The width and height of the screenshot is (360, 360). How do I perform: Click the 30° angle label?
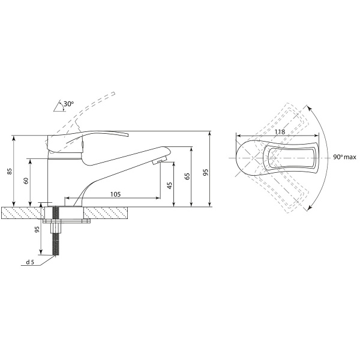(x=68, y=104)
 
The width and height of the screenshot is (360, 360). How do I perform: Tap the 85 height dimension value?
(x=10, y=171)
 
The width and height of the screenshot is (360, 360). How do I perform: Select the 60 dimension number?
(x=26, y=181)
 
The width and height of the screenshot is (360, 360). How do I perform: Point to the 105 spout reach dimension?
(x=115, y=194)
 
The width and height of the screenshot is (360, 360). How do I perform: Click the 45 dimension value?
(x=170, y=185)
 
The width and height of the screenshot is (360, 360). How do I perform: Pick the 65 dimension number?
(x=188, y=176)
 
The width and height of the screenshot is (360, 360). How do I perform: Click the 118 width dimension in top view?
(x=280, y=132)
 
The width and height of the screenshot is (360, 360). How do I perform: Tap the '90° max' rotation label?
(x=344, y=157)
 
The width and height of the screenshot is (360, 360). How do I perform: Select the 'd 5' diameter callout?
(x=30, y=262)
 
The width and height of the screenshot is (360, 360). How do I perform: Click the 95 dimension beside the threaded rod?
(x=37, y=229)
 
